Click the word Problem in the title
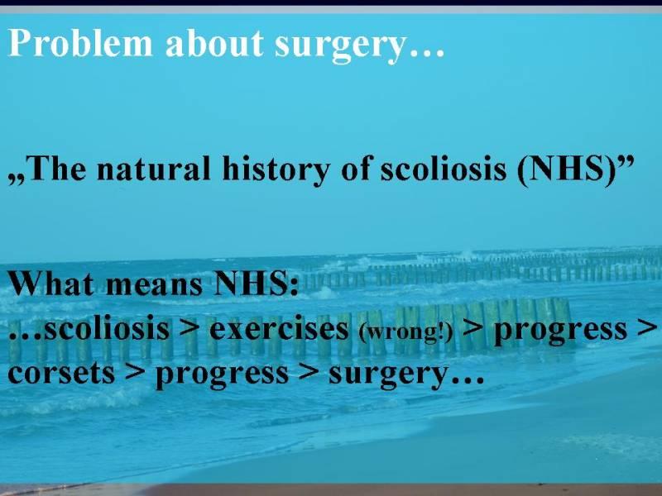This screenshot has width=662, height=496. tap(79, 43)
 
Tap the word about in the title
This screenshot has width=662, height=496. tap(214, 43)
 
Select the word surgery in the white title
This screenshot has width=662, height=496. tap(340, 47)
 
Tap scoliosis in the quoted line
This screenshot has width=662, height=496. tap(443, 169)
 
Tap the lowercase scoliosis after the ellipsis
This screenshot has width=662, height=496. tap(107, 327)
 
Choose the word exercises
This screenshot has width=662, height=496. tap(279, 327)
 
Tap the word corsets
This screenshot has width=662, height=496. tap(61, 373)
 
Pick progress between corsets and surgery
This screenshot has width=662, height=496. tap(223, 375)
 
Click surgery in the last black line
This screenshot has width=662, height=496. tap(387, 375)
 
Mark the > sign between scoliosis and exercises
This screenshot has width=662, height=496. tap(189, 328)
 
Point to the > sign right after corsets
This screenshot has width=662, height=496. tap(135, 373)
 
